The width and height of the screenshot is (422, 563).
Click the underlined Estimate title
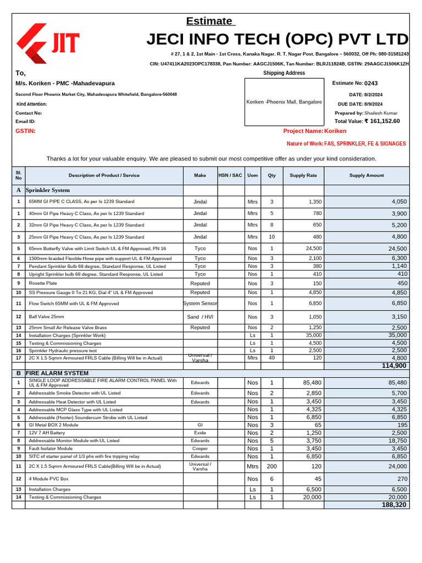tap(209, 21)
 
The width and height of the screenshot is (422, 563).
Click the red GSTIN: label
tap(25, 131)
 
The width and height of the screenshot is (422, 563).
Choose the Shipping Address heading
tap(284, 73)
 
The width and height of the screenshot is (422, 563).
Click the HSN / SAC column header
tap(230, 175)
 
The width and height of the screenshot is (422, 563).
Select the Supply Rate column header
tap(303, 175)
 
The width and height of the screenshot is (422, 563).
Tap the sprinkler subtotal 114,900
tap(394, 366)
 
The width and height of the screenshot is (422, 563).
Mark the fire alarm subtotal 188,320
tap(394, 505)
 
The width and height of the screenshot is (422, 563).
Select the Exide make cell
tap(200, 433)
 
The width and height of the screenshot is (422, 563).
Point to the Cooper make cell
tap(200, 449)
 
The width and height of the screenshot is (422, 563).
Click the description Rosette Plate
tap(43, 283)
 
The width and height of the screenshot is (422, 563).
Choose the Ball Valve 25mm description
tap(47, 317)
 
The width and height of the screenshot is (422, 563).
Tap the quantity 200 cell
tap(271, 466)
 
